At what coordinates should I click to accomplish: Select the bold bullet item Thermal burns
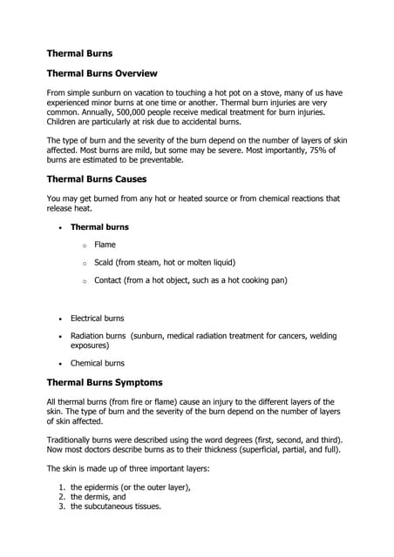click(99, 227)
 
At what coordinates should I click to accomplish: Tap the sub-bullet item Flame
click(105, 245)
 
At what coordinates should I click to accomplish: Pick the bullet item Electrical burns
click(97, 319)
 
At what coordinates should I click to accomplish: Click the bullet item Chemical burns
click(97, 363)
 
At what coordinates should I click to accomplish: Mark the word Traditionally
click(74, 440)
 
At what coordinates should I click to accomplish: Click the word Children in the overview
click(64, 123)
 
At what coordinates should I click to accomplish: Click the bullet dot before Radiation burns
click(59, 336)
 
